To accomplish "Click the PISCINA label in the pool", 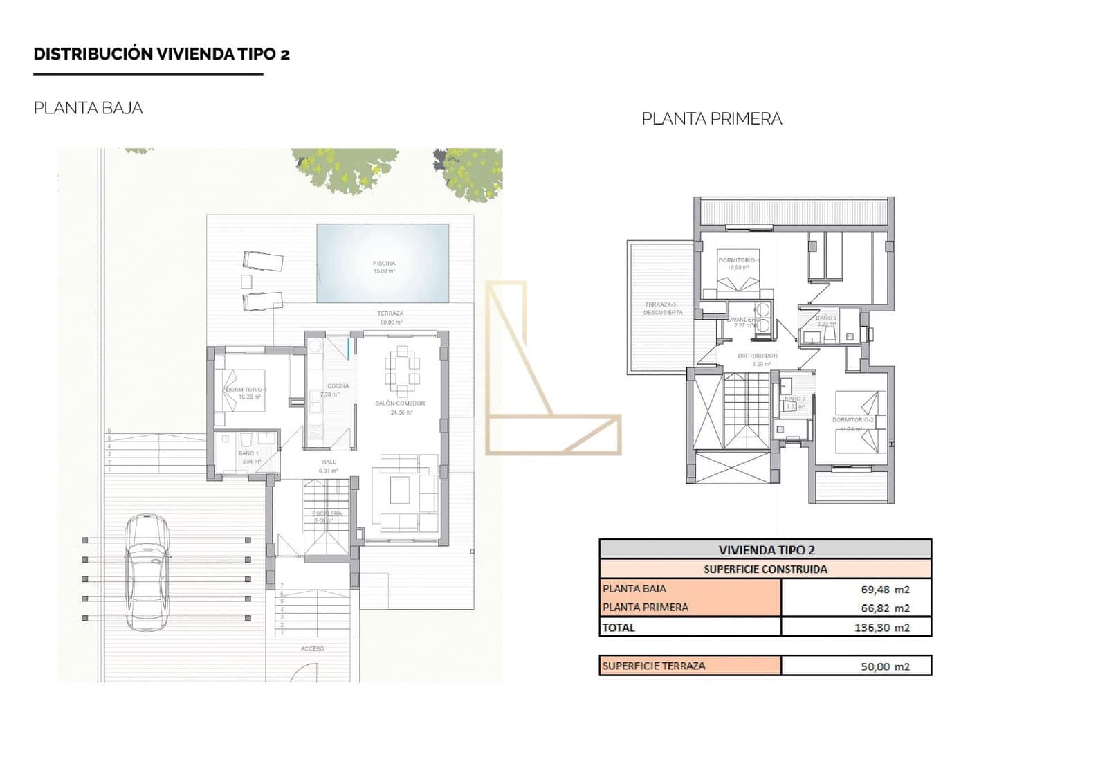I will (384, 264).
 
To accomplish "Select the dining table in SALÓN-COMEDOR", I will (402, 369).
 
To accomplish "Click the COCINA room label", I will (338, 386).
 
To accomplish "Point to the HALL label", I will (329, 462).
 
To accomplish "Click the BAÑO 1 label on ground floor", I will (248, 454).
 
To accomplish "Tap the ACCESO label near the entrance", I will (313, 648).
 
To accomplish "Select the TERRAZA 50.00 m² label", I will (390, 314).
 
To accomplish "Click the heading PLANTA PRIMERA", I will (711, 119).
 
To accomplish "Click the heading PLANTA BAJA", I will (88, 108).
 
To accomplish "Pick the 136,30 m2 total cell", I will (856, 628).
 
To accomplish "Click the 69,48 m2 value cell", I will (856, 590).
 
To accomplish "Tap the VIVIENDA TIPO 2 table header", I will (765, 550).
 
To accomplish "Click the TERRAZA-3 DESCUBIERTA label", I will (662, 309).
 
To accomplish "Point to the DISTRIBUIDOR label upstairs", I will (757, 356).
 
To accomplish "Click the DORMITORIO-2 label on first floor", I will (852, 420).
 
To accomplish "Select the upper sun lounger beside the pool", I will (263, 262).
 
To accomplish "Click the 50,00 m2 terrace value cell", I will (856, 666).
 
